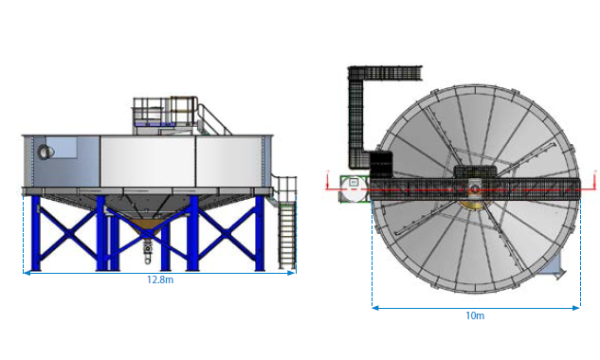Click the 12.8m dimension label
pyautogui.click(x=160, y=279)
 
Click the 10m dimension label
pyautogui.click(x=475, y=315)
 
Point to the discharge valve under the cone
pyautogui.click(x=148, y=251)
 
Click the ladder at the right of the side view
pyautogui.click(x=287, y=236)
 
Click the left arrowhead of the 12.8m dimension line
pyautogui.click(x=27, y=273)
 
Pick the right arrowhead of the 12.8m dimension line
pyautogui.click(x=292, y=273)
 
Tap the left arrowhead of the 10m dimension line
pyautogui.click(x=375, y=308)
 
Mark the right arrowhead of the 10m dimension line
pyautogui.click(x=576, y=308)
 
